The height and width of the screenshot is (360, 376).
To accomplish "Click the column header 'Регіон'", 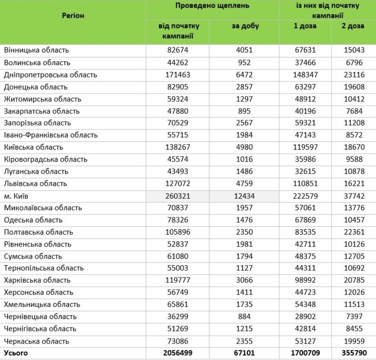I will (x=73, y=16).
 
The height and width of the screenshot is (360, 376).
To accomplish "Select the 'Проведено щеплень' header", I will (x=212, y=6).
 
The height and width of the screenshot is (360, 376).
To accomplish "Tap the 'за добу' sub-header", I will (x=245, y=26).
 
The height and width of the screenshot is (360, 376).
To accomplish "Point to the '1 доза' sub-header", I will (x=305, y=26).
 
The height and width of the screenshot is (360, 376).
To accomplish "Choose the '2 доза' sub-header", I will (x=353, y=26).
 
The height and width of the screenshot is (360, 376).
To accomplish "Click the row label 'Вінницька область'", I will (x=36, y=50).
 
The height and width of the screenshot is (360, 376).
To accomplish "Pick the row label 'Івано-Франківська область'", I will (x=51, y=135).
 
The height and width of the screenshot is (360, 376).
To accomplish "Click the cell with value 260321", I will (x=177, y=196).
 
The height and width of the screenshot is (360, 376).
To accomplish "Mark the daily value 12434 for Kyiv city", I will (x=244, y=196).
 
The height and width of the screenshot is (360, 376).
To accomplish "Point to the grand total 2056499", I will (x=177, y=354).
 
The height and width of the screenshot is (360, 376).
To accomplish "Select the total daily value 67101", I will (x=244, y=354).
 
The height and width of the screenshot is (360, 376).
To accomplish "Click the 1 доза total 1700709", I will (x=305, y=354).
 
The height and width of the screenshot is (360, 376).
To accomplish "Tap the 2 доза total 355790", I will (x=354, y=354).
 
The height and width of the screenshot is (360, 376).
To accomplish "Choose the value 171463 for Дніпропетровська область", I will (x=177, y=75).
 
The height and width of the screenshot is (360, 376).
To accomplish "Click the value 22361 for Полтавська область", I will (x=354, y=232).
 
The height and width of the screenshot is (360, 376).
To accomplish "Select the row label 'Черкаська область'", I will (x=36, y=341).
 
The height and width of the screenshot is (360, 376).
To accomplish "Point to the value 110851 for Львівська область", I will (x=305, y=184).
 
